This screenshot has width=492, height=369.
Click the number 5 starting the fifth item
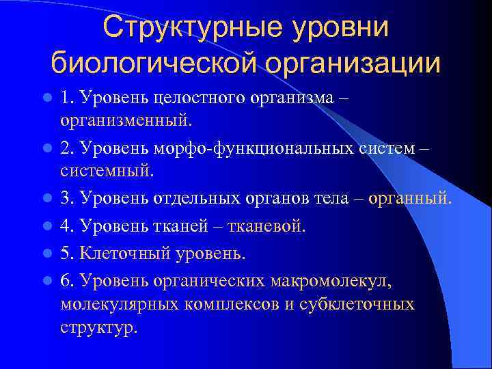(x=64, y=254)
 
